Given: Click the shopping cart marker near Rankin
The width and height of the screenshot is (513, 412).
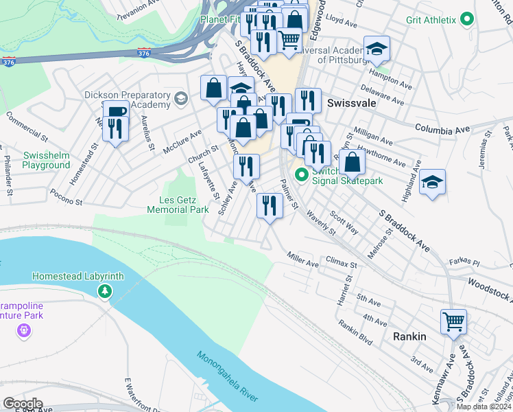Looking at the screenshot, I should pos(453,321).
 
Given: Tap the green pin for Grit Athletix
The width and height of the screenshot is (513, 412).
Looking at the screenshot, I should pos(468,20).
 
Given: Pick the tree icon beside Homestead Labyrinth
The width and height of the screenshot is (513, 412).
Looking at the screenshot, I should pos(104,292).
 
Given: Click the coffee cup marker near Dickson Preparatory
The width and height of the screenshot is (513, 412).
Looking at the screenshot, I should pos(115,111).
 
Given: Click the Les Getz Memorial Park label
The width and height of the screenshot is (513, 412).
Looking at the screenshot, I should pos(178,205).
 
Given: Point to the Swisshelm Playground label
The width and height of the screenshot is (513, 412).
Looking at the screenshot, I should pos(46,160).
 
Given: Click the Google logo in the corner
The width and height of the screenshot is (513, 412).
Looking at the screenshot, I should pos(23,404).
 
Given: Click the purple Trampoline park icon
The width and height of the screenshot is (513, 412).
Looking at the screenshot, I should pos(25,331).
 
